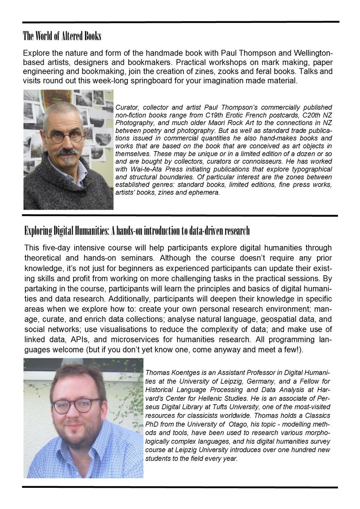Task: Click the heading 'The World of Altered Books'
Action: point(62,36)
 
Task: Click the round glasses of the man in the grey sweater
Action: point(65,137)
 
